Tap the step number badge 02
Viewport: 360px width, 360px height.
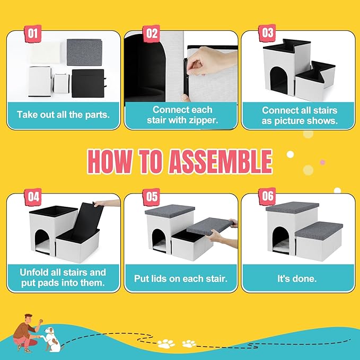(152, 33)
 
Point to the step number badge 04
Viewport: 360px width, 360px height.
(33, 197)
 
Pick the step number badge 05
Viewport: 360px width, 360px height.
(152, 197)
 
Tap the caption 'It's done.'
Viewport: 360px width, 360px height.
(298, 277)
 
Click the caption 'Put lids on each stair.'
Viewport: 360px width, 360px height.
(180, 277)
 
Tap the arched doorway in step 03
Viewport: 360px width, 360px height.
(279, 83)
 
